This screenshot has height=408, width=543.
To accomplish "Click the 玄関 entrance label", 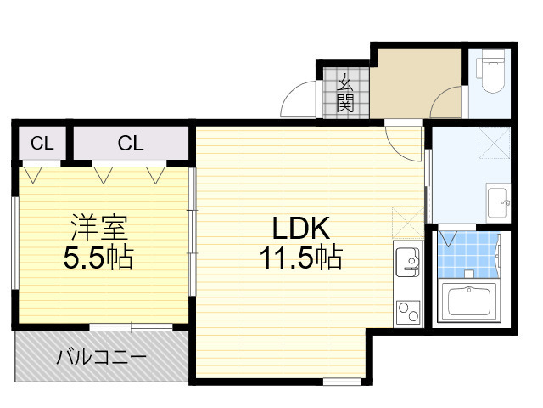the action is (x=345, y=93).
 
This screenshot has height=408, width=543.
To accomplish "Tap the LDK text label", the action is (x=301, y=229).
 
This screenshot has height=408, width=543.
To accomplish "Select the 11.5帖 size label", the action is (x=301, y=258).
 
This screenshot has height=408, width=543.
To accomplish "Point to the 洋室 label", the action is (x=99, y=227).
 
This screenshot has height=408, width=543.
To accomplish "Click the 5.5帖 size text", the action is (x=98, y=258).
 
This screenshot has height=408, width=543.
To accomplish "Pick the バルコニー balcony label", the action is (x=102, y=357).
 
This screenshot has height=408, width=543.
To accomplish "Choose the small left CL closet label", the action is (x=42, y=143).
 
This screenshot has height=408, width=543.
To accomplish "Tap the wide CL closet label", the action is (x=131, y=143).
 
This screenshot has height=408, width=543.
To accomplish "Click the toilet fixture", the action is (x=490, y=71).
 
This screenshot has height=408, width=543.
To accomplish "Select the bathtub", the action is (x=468, y=301).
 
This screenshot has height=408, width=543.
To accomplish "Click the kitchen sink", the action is (x=408, y=263).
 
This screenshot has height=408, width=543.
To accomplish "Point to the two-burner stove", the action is (x=408, y=311).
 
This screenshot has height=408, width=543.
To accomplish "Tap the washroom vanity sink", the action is (x=498, y=202).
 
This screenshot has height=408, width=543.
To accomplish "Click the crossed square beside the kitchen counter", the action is (x=408, y=223).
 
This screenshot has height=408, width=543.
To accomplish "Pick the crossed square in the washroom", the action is (x=494, y=143).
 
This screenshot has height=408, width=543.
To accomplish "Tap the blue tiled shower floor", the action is (x=468, y=254).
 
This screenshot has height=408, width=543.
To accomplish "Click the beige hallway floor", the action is (x=416, y=83).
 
